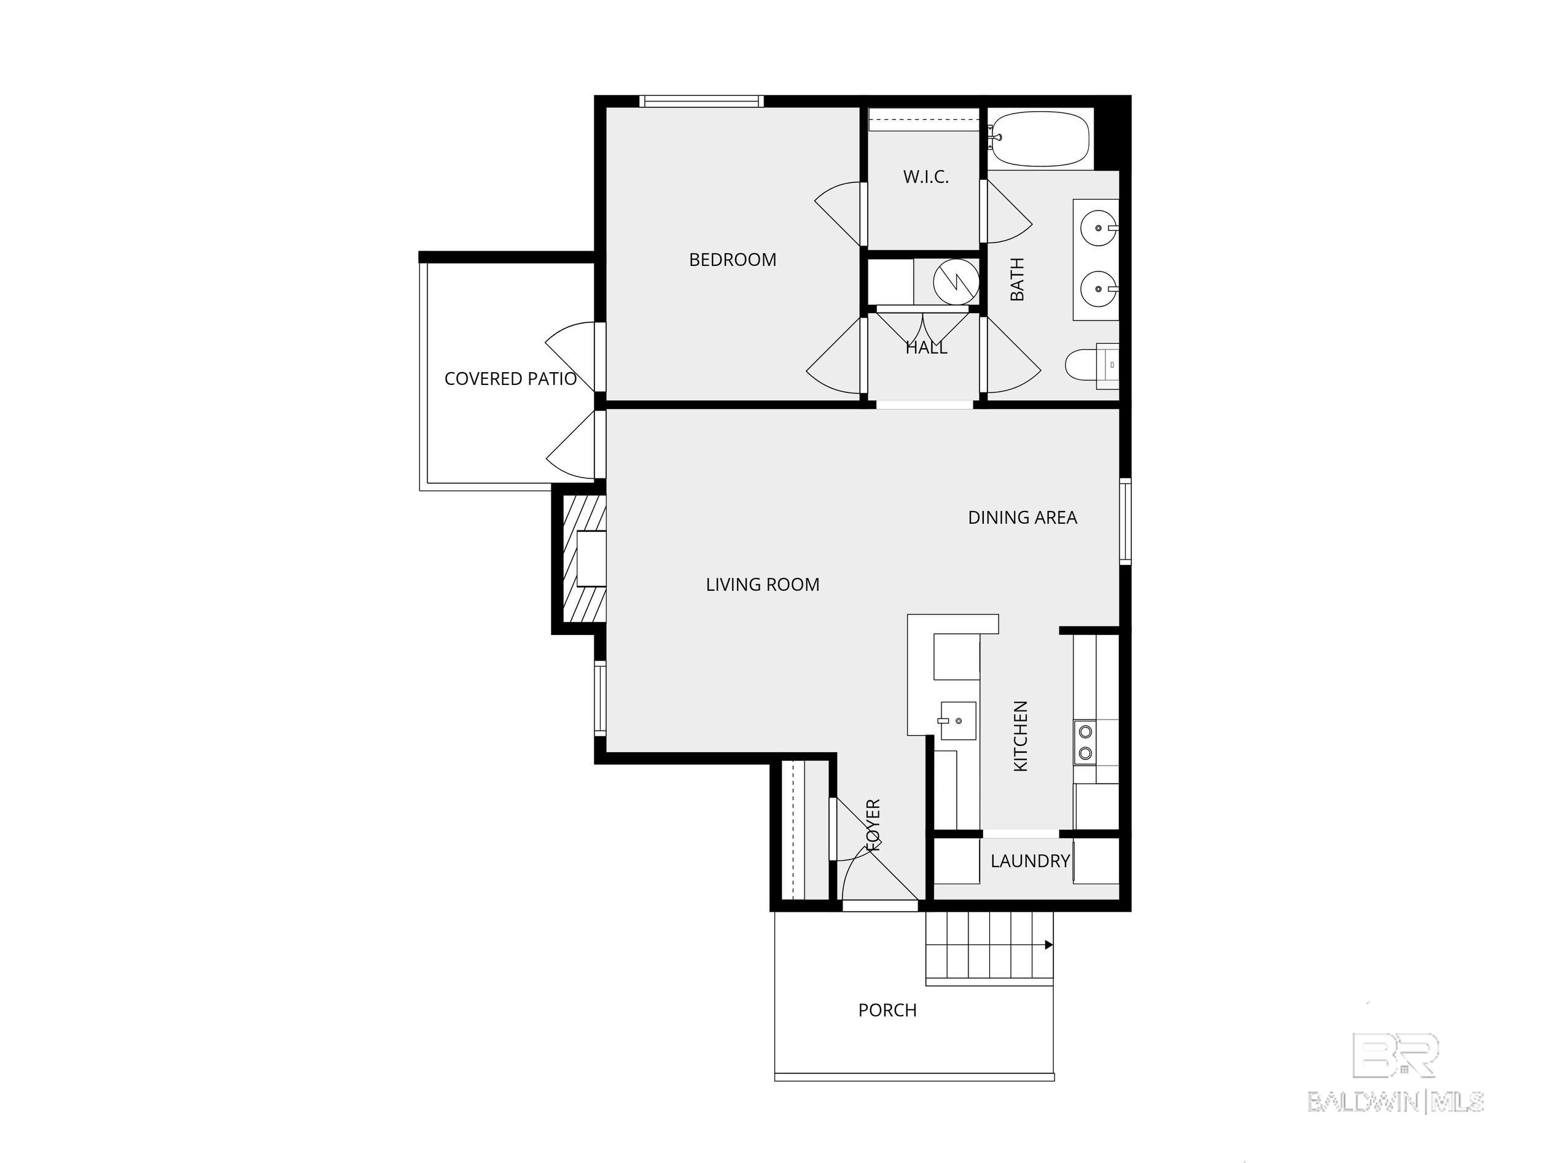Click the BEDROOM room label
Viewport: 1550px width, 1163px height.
(x=732, y=260)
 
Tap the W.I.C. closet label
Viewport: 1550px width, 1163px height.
(x=925, y=177)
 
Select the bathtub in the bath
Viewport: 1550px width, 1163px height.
(x=1040, y=139)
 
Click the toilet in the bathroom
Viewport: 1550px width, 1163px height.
(x=1092, y=365)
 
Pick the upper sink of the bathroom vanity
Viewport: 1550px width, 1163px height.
(x=1097, y=228)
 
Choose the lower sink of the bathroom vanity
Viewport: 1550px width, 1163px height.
(x=1097, y=289)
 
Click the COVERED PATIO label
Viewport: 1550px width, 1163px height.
(x=510, y=379)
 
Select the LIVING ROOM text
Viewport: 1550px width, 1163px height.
(x=762, y=585)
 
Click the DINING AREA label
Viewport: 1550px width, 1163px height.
(x=1022, y=518)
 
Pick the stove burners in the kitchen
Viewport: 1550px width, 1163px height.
(x=1085, y=742)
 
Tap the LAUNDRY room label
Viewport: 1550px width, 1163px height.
(x=1030, y=861)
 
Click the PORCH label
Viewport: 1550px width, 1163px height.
(x=887, y=1010)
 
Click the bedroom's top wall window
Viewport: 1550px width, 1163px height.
(x=701, y=101)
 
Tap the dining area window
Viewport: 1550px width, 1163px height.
(x=1126, y=521)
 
